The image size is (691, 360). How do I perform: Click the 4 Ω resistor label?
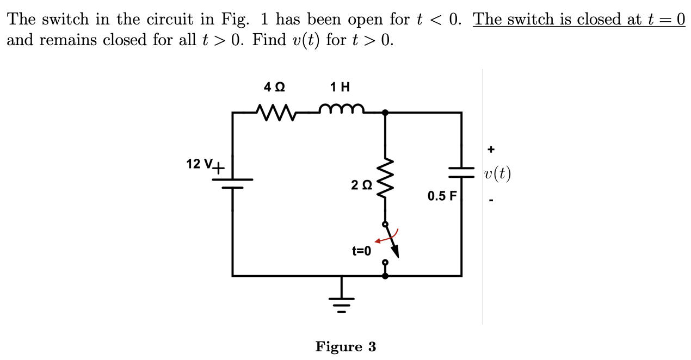[274, 87]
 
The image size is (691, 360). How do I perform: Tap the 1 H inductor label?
[340, 87]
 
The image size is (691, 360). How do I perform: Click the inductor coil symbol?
[341, 110]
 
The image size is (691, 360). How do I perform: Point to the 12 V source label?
[201, 164]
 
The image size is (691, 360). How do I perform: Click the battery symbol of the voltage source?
[233, 183]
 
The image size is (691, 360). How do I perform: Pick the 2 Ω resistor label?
[362, 185]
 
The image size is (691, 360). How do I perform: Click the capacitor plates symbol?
[461, 172]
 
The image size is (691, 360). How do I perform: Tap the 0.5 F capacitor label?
[442, 196]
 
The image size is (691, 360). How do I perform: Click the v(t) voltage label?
[497, 174]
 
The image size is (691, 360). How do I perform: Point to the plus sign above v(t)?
[491, 148]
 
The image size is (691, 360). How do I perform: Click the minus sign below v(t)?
[491, 201]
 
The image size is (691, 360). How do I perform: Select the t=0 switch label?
[361, 251]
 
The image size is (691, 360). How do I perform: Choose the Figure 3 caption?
[346, 347]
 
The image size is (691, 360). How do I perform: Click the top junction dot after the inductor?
[385, 113]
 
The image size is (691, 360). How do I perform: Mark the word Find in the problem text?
[268, 40]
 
